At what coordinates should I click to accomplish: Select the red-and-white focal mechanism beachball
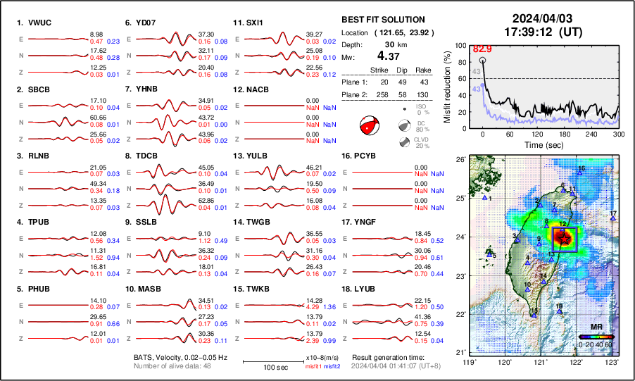(x=369, y=126)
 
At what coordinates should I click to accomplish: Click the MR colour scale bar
(x=596, y=337)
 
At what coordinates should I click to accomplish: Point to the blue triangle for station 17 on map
(x=613, y=218)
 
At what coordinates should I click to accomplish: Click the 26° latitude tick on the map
(x=459, y=160)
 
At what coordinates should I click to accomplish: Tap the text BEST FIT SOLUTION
(x=382, y=20)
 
